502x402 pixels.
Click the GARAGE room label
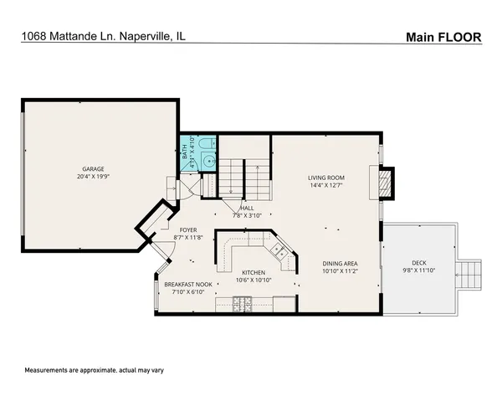(93, 169)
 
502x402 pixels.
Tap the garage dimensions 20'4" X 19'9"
(93, 178)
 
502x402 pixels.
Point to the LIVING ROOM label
(326, 178)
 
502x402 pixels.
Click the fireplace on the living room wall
(386, 183)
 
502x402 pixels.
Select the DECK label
(418, 262)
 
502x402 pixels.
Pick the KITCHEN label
(254, 273)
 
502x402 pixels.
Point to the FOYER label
(188, 229)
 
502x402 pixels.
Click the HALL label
(248, 208)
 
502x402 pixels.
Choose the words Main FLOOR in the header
(444, 36)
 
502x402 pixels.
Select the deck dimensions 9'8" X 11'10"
(418, 271)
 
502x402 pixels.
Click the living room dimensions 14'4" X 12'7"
(326, 186)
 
